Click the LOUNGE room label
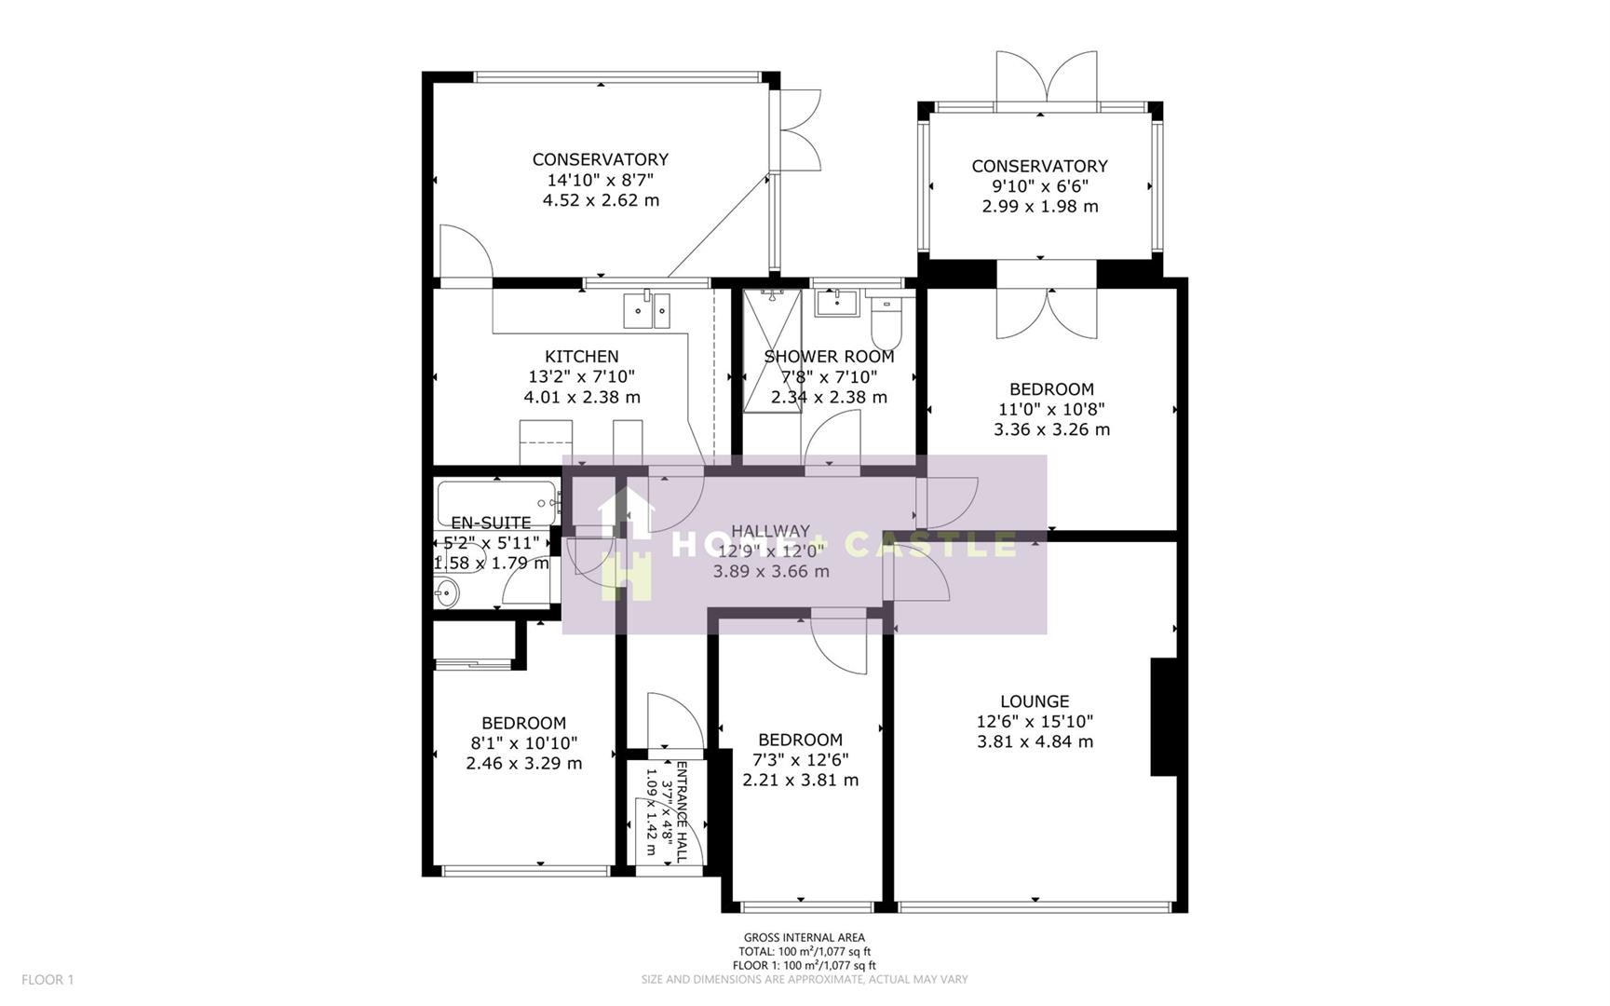1034,701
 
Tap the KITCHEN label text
581,357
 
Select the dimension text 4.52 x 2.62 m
601,200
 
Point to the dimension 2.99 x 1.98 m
1039,207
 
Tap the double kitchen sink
646,309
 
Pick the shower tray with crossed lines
772,349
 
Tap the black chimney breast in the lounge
1163,716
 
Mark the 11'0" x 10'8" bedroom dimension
1051,410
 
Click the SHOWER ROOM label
829,357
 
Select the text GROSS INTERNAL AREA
804,937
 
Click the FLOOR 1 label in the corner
47,979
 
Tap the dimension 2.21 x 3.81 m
800,781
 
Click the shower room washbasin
836,302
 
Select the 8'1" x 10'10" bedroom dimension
523,743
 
